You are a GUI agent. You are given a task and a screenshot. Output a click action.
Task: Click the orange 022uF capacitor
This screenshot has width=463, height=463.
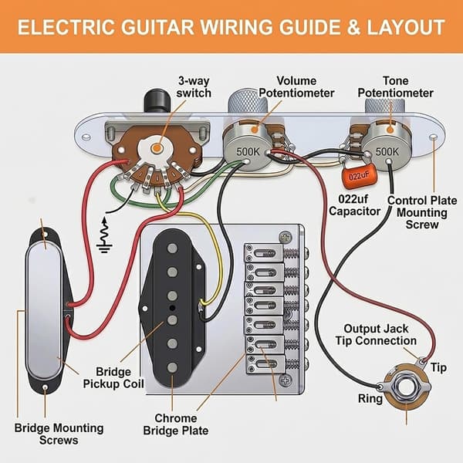(360, 176)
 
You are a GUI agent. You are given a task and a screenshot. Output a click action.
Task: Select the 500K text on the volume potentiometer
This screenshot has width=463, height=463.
(248, 151)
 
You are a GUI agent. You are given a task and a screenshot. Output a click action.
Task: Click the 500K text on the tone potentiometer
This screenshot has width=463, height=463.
(387, 151)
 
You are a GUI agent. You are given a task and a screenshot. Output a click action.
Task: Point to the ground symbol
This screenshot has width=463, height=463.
(104, 235)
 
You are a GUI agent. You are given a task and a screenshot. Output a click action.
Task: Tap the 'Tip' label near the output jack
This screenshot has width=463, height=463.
(438, 367)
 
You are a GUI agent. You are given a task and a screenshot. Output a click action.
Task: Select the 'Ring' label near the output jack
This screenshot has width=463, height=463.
(370, 399)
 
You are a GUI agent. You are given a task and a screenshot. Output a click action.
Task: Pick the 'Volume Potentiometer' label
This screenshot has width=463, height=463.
(296, 86)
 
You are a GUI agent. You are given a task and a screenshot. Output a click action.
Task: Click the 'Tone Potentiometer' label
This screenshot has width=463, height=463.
(395, 86)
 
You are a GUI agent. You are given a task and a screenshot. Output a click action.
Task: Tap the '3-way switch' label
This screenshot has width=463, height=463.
(194, 86)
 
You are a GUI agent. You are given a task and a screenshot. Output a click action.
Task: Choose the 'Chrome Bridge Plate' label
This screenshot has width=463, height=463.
(176, 424)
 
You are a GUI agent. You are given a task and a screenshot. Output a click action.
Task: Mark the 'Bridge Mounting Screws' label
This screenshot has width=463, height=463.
(59, 434)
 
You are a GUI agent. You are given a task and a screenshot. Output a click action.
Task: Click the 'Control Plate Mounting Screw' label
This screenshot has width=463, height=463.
(422, 212)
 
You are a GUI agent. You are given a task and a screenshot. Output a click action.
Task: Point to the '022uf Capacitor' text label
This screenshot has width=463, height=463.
(354, 205)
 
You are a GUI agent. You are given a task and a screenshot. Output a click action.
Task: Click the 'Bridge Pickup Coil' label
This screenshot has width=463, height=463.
(113, 377)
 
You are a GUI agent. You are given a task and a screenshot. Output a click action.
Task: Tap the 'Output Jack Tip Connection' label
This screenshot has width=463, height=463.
(376, 335)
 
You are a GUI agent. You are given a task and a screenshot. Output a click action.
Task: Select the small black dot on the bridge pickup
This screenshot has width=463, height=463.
(172, 308)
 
